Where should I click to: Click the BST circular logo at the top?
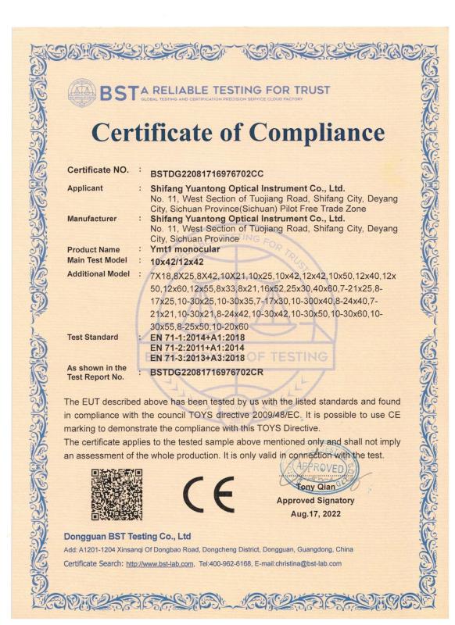pyautogui.click(x=83, y=91)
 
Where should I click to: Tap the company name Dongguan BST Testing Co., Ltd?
pyautogui.click(x=126, y=537)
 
